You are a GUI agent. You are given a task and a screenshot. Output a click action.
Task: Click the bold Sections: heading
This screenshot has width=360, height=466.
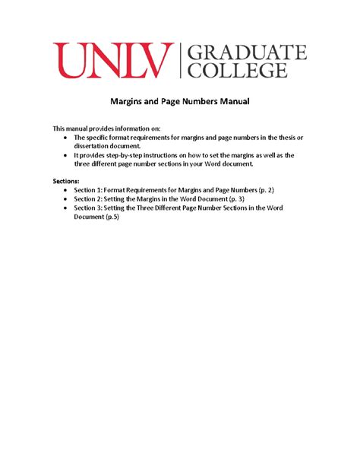66,182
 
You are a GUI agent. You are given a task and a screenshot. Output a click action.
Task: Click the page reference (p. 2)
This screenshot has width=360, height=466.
281,192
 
